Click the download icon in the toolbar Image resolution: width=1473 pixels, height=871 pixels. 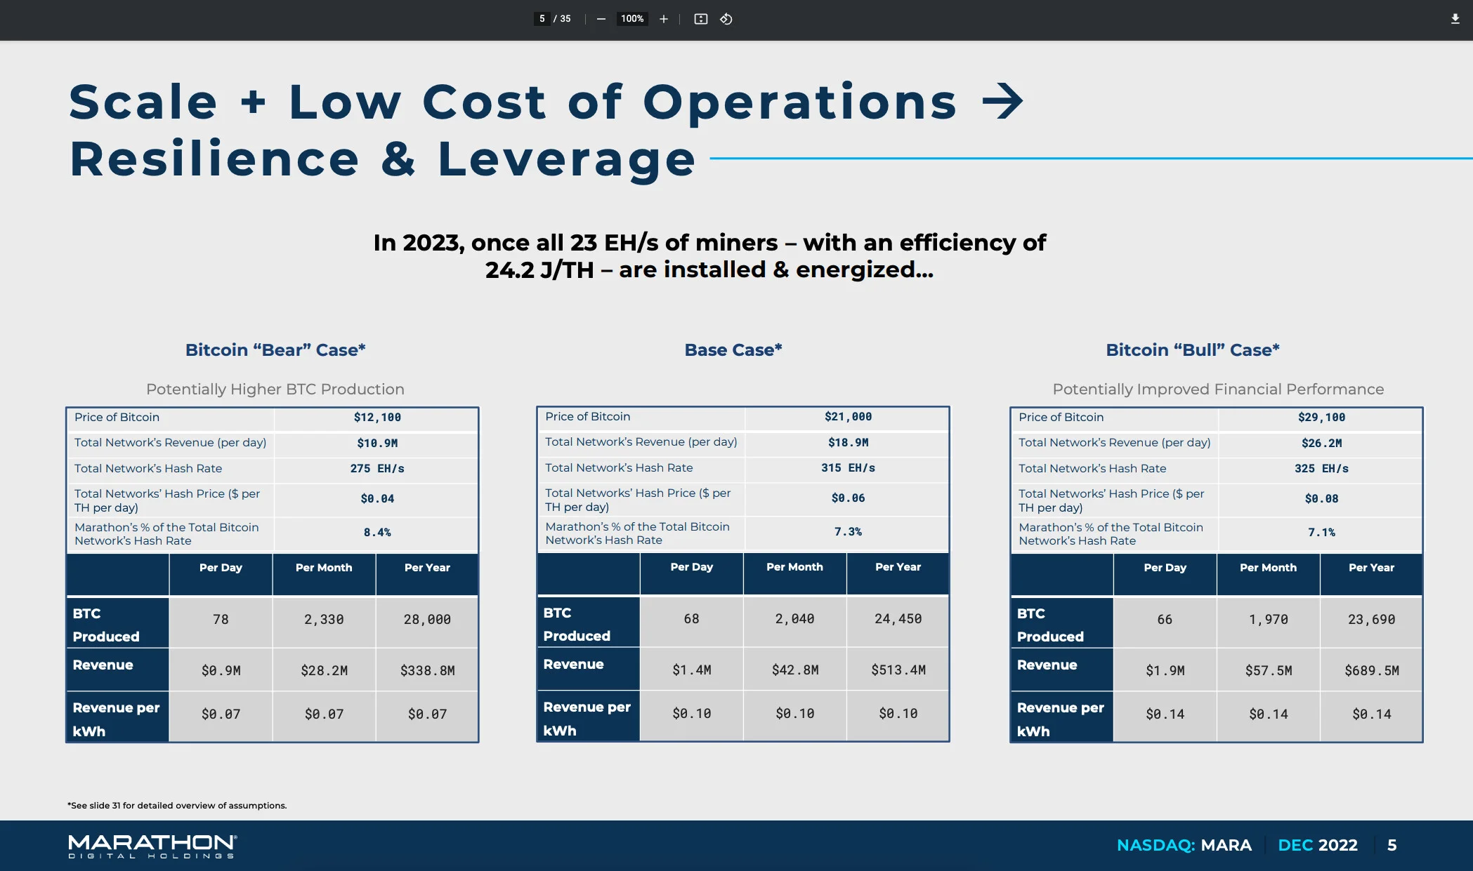coord(1455,19)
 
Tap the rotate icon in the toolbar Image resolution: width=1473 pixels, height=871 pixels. coord(726,19)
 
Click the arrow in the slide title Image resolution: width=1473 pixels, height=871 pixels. coord(1002,102)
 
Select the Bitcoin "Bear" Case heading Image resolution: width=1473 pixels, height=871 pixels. coord(275,350)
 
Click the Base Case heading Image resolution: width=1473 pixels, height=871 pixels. coord(733,350)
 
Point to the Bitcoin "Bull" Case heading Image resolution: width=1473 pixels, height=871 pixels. coord(1193,350)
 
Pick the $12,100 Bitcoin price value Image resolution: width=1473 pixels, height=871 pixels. coord(377,418)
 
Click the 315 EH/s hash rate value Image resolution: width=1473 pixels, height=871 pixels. coord(848,467)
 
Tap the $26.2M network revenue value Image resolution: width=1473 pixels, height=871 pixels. coord(1321,443)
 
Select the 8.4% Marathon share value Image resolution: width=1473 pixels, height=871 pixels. coord(377,533)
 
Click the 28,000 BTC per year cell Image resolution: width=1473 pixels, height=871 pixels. coord(427,620)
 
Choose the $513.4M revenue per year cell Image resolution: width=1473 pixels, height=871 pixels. coord(898,670)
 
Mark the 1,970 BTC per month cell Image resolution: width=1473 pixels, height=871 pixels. coord(1269,620)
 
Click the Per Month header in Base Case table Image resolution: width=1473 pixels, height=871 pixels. coord(794,567)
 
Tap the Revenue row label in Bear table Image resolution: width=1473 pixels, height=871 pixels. coord(103,665)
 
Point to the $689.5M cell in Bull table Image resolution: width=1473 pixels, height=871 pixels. coord(1372,671)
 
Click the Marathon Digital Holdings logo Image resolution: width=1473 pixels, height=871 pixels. coord(152,846)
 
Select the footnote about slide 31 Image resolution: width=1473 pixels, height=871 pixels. coord(177,806)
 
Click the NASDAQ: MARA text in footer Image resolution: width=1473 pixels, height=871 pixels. coord(1184,845)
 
